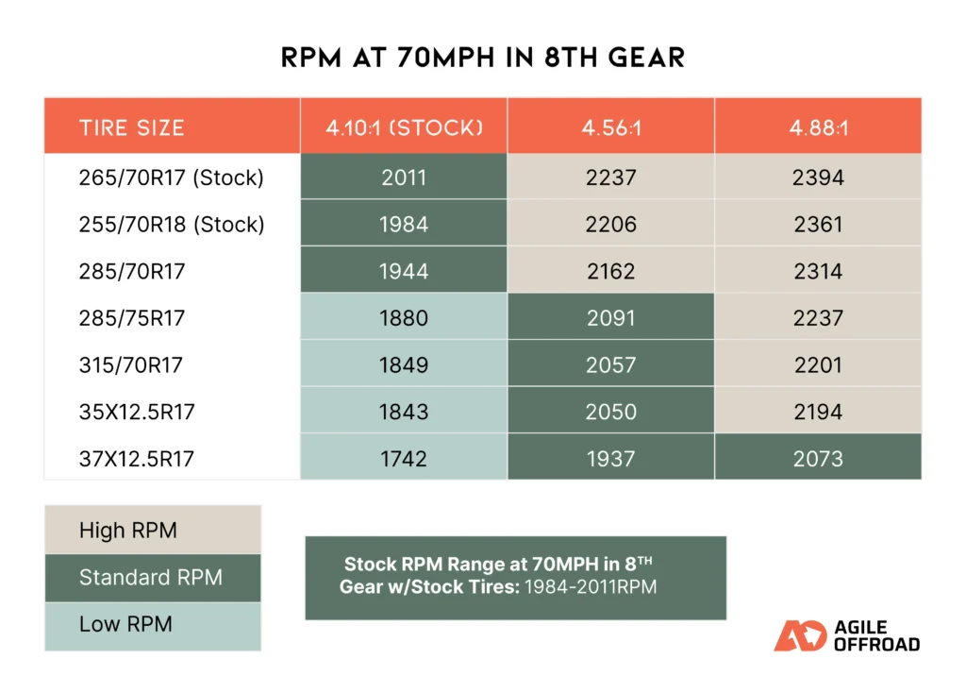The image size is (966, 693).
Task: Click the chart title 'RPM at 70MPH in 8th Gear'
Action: tap(482, 59)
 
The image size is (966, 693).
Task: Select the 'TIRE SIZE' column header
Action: tap(131, 127)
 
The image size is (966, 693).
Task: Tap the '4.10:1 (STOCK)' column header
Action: tap(404, 127)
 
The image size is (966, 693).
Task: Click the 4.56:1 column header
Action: tap(610, 127)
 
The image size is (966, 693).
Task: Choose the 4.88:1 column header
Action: tap(818, 127)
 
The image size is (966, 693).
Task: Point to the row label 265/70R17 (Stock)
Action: tap(171, 177)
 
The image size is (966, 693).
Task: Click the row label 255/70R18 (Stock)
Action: tap(171, 225)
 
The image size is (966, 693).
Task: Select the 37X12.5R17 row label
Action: tap(137, 459)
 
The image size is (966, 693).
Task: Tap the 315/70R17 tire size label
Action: tap(131, 365)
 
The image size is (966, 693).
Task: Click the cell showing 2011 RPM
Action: tap(404, 177)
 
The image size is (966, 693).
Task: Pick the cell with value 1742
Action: tap(404, 459)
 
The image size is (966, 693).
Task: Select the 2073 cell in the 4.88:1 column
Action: tap(818, 459)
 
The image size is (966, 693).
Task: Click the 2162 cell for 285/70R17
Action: tap(610, 272)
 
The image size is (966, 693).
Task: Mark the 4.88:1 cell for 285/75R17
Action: tap(818, 318)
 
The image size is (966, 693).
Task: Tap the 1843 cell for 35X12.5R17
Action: tap(404, 412)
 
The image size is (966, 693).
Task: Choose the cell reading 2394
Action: tap(818, 177)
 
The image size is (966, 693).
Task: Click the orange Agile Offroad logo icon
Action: tap(800, 636)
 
